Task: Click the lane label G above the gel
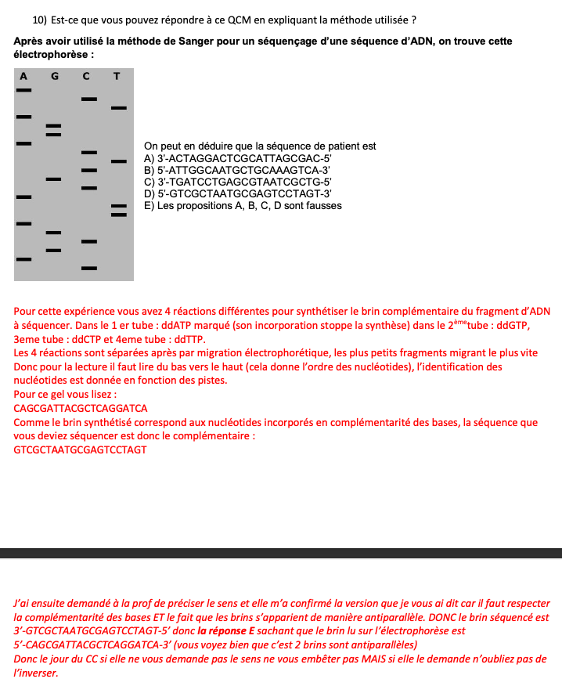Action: click(x=55, y=76)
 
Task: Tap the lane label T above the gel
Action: click(x=117, y=76)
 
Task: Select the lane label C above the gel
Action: click(x=86, y=76)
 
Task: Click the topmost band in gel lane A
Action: click(x=24, y=90)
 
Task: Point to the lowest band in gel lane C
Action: click(x=89, y=268)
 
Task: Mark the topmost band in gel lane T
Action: click(x=118, y=107)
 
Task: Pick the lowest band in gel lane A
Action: click(x=24, y=258)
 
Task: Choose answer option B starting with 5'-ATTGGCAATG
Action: click(x=238, y=170)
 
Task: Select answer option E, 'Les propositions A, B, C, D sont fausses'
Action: click(x=243, y=206)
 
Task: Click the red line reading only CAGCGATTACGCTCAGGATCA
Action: click(x=81, y=408)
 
